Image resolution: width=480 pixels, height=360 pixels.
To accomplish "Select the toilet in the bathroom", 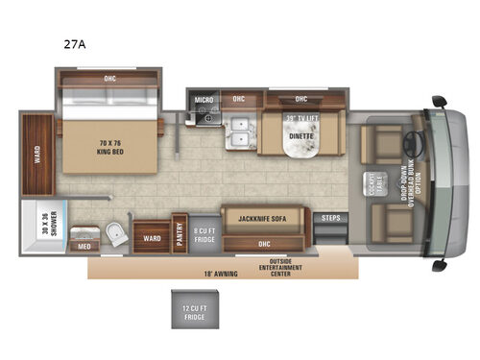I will tap(115, 231).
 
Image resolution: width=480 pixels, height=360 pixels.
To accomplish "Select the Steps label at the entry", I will tap(331, 218).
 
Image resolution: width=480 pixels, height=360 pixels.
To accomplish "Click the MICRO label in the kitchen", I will tap(203, 99).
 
